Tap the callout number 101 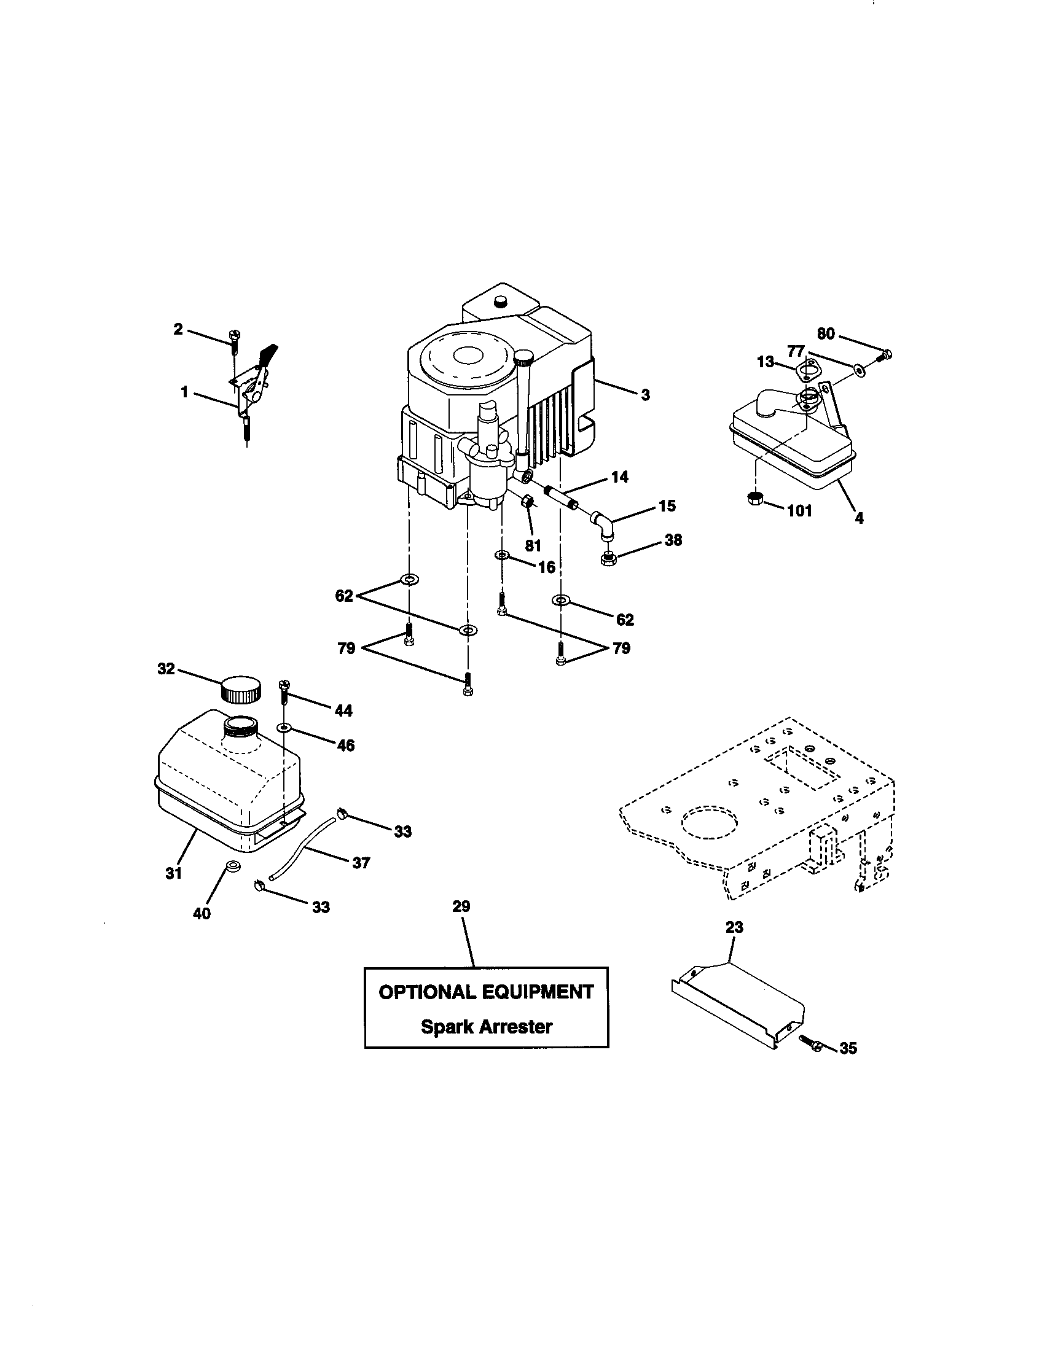point(799,511)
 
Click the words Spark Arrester point(487,1027)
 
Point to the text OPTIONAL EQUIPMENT point(487,992)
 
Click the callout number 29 point(461,906)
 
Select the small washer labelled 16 point(502,556)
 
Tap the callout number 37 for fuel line point(361,862)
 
